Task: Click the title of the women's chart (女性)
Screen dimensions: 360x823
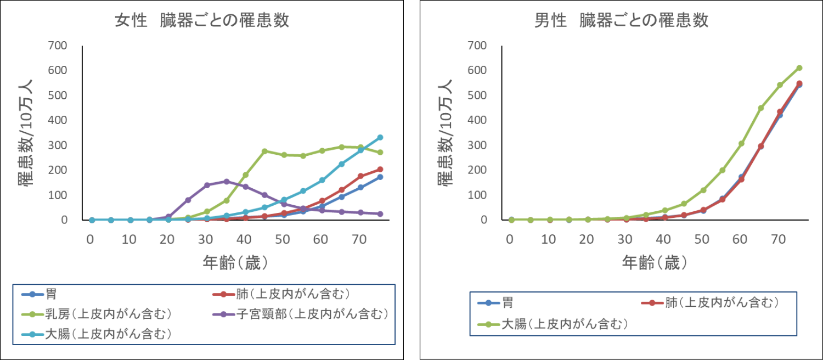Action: click(x=201, y=20)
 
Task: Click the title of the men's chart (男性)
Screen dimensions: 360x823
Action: click(x=622, y=20)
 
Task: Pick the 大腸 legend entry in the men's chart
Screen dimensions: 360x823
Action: click(x=566, y=324)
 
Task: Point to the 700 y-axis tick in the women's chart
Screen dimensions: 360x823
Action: click(x=58, y=46)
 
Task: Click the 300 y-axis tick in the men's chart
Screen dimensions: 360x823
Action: click(x=477, y=145)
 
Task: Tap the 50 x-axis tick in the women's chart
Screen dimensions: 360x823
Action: click(x=283, y=239)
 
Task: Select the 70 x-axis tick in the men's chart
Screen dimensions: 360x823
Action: click(x=779, y=239)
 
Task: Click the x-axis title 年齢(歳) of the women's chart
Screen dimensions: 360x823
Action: click(x=235, y=263)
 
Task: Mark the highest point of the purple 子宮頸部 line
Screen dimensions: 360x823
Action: click(x=227, y=181)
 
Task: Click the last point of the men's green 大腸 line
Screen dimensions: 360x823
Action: click(x=799, y=68)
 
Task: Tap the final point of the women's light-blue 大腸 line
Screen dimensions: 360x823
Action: click(x=380, y=137)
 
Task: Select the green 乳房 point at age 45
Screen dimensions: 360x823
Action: click(x=264, y=151)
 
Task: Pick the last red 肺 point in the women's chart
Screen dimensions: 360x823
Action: click(x=380, y=169)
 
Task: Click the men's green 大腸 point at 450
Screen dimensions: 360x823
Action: click(x=760, y=108)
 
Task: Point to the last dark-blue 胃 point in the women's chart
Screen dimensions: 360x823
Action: click(x=380, y=177)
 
